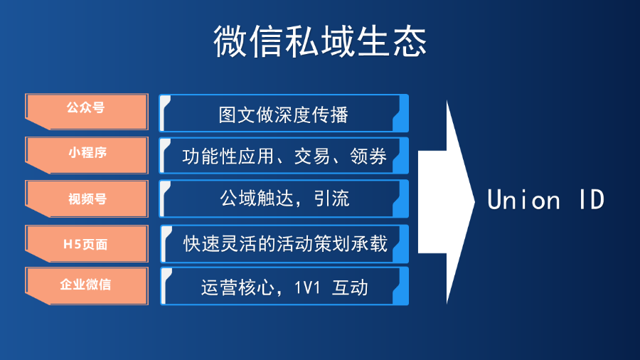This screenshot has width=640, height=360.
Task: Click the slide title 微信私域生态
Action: click(320, 41)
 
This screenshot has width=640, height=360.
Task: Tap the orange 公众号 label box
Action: click(87, 112)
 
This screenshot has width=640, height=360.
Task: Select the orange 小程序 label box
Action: click(87, 155)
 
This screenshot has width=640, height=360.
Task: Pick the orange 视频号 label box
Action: click(87, 198)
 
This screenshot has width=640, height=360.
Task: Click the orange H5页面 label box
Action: click(87, 243)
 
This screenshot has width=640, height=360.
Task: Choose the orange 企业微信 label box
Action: click(87, 286)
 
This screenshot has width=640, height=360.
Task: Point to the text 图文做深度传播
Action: click(283, 115)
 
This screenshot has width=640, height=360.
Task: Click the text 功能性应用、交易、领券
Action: click(284, 157)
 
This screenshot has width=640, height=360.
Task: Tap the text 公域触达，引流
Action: click(284, 198)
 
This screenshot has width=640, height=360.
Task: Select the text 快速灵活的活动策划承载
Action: click(285, 243)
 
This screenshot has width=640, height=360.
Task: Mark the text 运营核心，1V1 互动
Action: click(284, 287)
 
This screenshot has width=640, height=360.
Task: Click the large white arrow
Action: click(447, 202)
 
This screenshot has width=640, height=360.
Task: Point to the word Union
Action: click(523, 200)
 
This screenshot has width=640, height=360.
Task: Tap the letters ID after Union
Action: click(592, 200)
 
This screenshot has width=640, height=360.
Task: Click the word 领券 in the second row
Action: click(368, 157)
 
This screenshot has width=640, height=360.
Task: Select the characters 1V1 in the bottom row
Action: click(307, 288)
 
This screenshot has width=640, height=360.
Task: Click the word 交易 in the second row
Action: click(312, 157)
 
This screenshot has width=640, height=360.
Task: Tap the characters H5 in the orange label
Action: click(71, 245)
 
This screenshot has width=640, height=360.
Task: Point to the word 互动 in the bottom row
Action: click(350, 287)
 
